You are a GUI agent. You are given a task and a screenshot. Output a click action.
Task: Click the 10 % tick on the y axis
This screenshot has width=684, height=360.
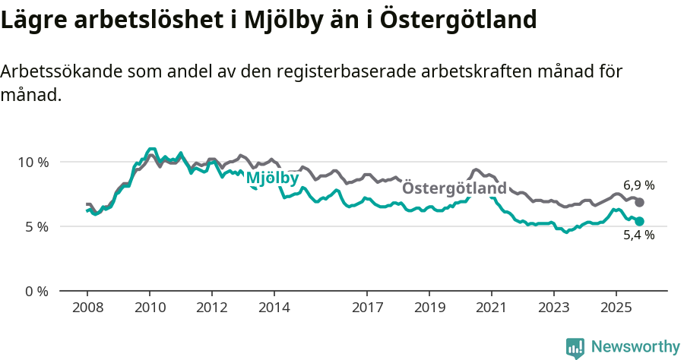(32, 162)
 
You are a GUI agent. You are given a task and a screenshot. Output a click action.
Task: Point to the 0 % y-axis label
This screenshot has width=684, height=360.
(35, 291)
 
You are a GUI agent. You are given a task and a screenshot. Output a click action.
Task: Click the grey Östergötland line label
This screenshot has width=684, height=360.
(454, 188)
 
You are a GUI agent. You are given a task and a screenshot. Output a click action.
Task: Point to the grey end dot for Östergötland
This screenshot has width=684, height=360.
(639, 203)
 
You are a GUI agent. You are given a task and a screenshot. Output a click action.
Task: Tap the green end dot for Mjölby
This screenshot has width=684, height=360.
(639, 221)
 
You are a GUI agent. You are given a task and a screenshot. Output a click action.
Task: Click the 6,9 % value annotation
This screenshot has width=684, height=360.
(638, 185)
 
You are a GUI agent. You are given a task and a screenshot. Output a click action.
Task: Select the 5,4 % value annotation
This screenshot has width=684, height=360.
(638, 235)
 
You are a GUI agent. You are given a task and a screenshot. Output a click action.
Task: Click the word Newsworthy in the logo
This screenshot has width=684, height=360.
(635, 347)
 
